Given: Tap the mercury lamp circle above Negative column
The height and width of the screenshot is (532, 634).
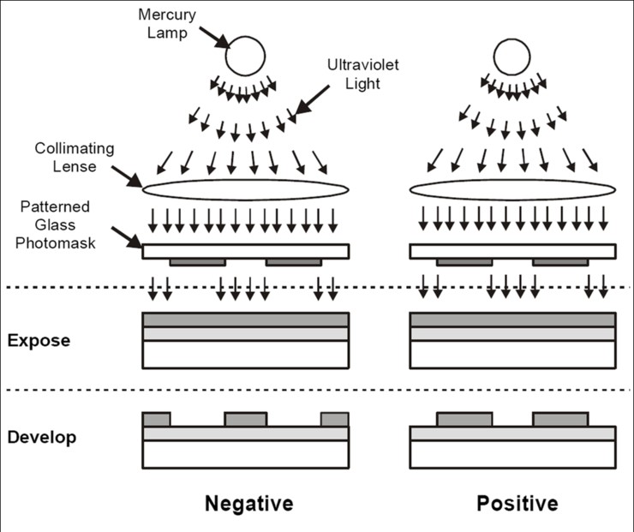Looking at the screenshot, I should coord(245,55).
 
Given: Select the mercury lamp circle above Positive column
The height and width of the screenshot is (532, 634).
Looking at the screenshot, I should coord(511,55).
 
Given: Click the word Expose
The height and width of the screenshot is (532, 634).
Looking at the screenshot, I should coord(39,340).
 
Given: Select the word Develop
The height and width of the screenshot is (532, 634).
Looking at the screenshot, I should coord(42,437).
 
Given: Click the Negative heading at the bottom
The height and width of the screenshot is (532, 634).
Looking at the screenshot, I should coord(248,503).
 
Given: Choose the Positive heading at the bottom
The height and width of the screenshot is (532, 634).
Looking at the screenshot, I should coord(517,503).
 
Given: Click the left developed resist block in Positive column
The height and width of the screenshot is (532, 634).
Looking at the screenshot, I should coord(464,420).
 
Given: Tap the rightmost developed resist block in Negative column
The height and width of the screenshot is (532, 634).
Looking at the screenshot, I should coord(335,420).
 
